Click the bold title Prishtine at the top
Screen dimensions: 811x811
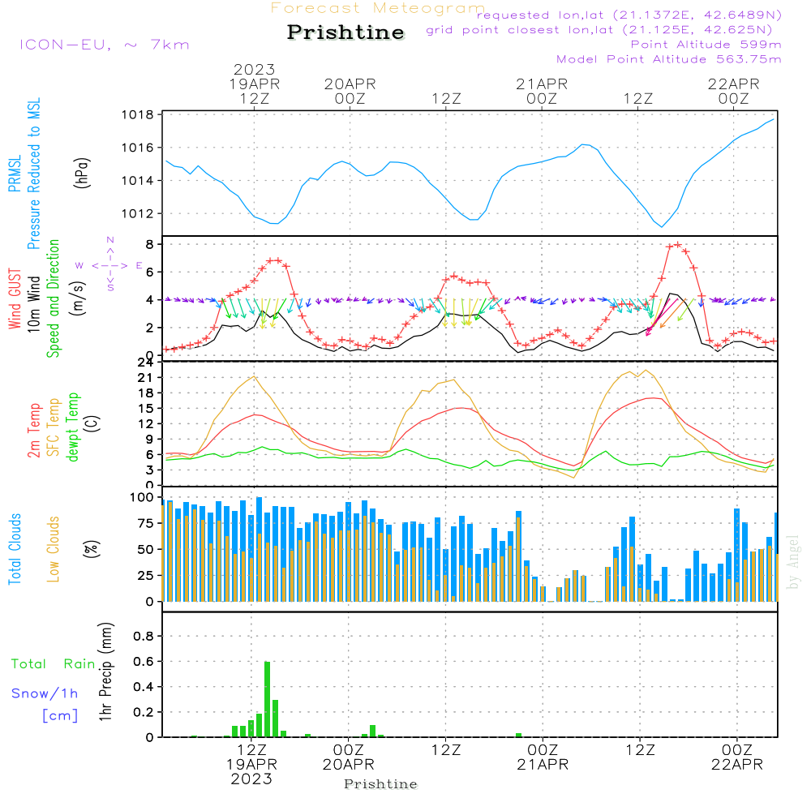(345, 32)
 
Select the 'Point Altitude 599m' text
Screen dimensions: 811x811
(706, 45)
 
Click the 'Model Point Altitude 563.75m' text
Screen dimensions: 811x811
(669, 59)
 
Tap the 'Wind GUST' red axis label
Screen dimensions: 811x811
(15, 300)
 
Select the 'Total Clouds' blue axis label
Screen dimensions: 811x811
(15, 549)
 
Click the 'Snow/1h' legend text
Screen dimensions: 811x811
(45, 694)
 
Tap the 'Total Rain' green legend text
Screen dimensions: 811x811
(54, 663)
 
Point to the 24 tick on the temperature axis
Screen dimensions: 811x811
(146, 363)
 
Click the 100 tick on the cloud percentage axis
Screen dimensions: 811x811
(142, 497)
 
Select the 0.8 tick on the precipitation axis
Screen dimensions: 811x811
(144, 637)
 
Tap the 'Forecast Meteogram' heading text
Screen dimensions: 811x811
(378, 8)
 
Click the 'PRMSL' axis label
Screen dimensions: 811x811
(15, 175)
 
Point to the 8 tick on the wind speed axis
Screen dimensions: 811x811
(150, 244)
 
